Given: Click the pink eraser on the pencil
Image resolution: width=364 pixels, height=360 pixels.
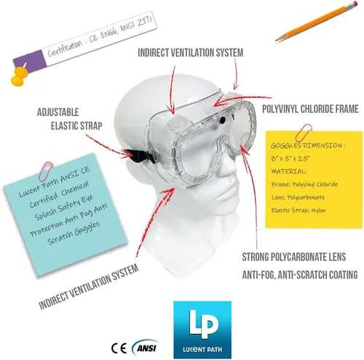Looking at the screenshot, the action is [x=355, y=4].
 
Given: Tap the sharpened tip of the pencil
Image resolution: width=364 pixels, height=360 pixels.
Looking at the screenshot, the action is [x=276, y=40].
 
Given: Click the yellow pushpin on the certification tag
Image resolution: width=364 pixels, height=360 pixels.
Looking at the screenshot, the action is [x=19, y=76].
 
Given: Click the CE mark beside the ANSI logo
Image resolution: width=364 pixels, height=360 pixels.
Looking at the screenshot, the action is [x=119, y=348].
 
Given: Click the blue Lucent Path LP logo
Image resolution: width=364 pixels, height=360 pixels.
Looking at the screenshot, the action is [x=202, y=329].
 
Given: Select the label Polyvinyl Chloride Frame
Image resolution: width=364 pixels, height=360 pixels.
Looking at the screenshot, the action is [x=310, y=109].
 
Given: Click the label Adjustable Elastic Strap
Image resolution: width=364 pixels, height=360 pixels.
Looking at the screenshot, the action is [x=70, y=119].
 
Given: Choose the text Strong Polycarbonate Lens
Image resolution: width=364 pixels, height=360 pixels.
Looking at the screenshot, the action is [x=294, y=257].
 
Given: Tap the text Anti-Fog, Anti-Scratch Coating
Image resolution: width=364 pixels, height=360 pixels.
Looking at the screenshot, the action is [x=300, y=275].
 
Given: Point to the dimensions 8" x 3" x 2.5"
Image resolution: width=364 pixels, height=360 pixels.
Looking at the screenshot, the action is [x=290, y=159].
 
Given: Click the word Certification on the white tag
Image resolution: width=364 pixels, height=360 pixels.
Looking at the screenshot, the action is [x=65, y=49].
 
